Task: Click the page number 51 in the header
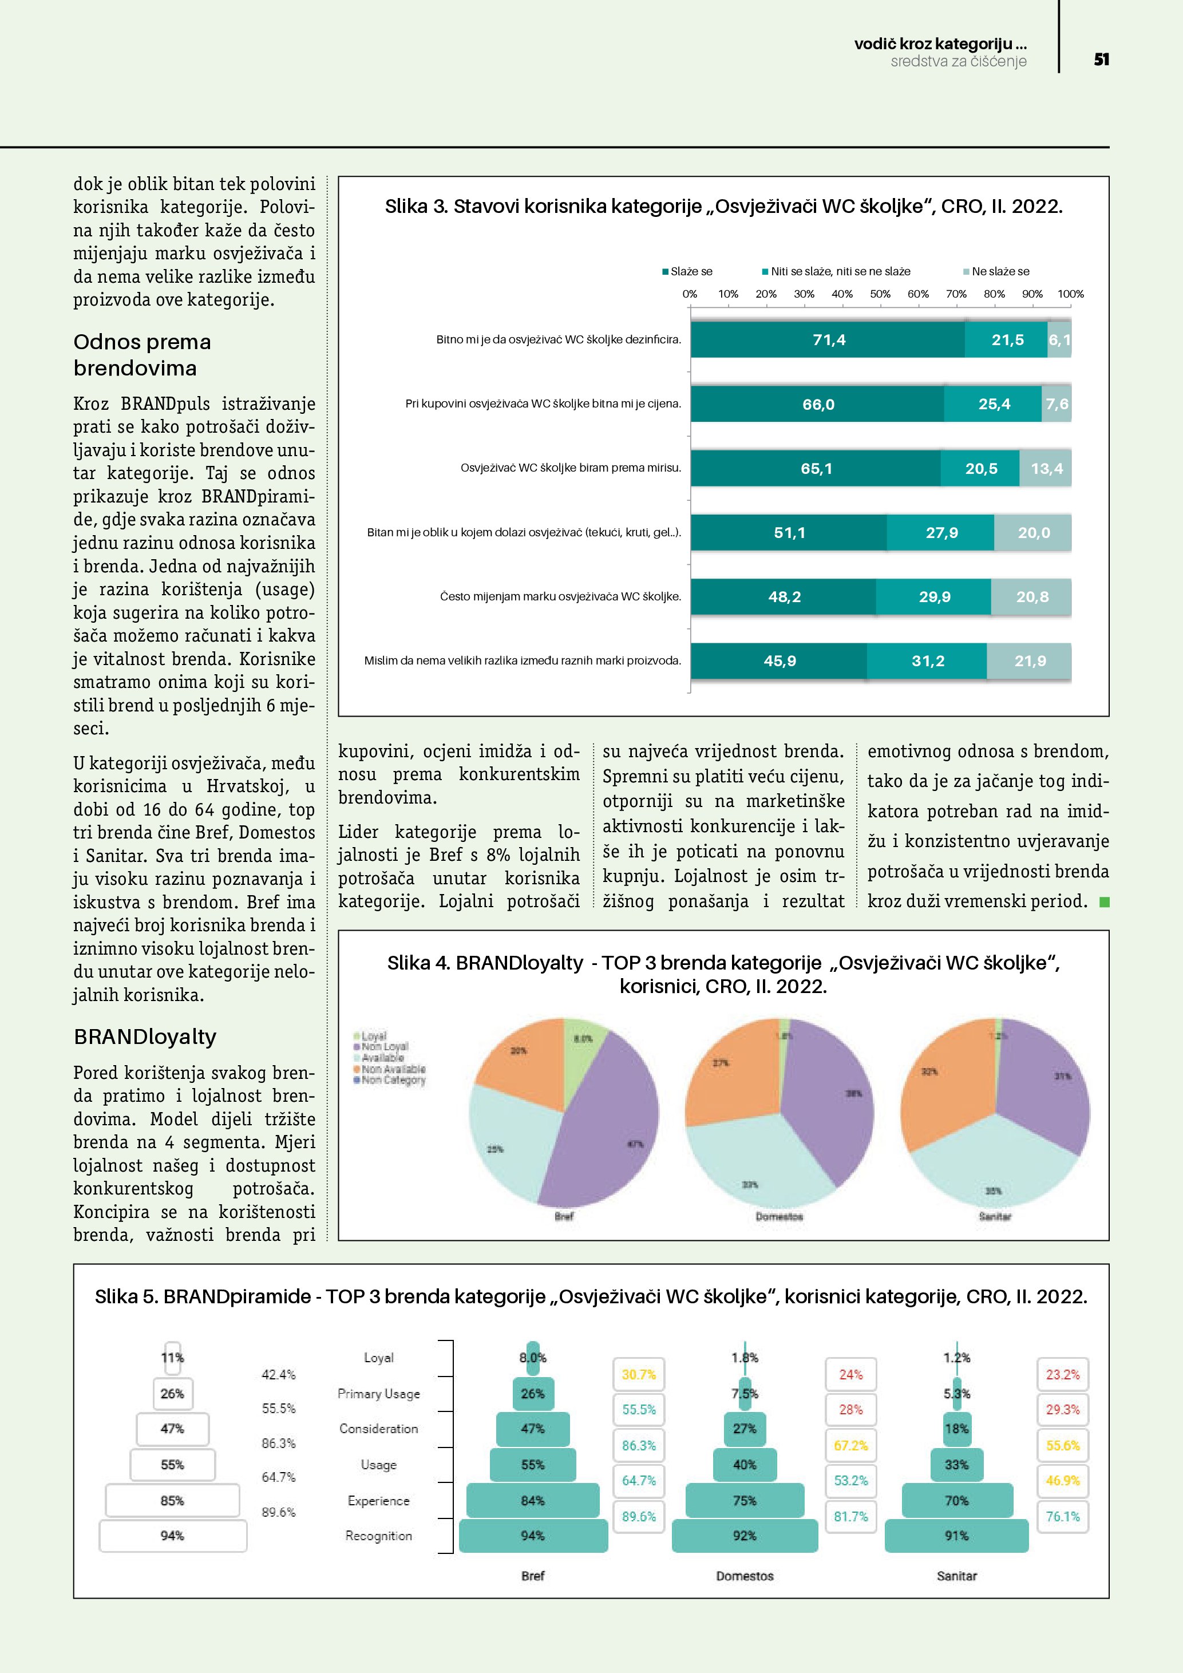pos(1101,60)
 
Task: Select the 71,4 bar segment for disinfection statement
pos(828,339)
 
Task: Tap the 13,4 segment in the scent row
pos(1046,469)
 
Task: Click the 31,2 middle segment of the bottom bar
pos(927,661)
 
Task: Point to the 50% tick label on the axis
pos(880,294)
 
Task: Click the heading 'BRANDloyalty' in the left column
pos(145,1037)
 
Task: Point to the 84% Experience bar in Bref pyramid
pos(532,1500)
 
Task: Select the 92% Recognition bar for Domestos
pos(745,1535)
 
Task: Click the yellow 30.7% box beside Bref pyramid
pos(639,1375)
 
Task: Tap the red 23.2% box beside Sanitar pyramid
pos(1062,1375)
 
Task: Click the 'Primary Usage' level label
pos(379,1394)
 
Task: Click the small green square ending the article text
pos(1105,902)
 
